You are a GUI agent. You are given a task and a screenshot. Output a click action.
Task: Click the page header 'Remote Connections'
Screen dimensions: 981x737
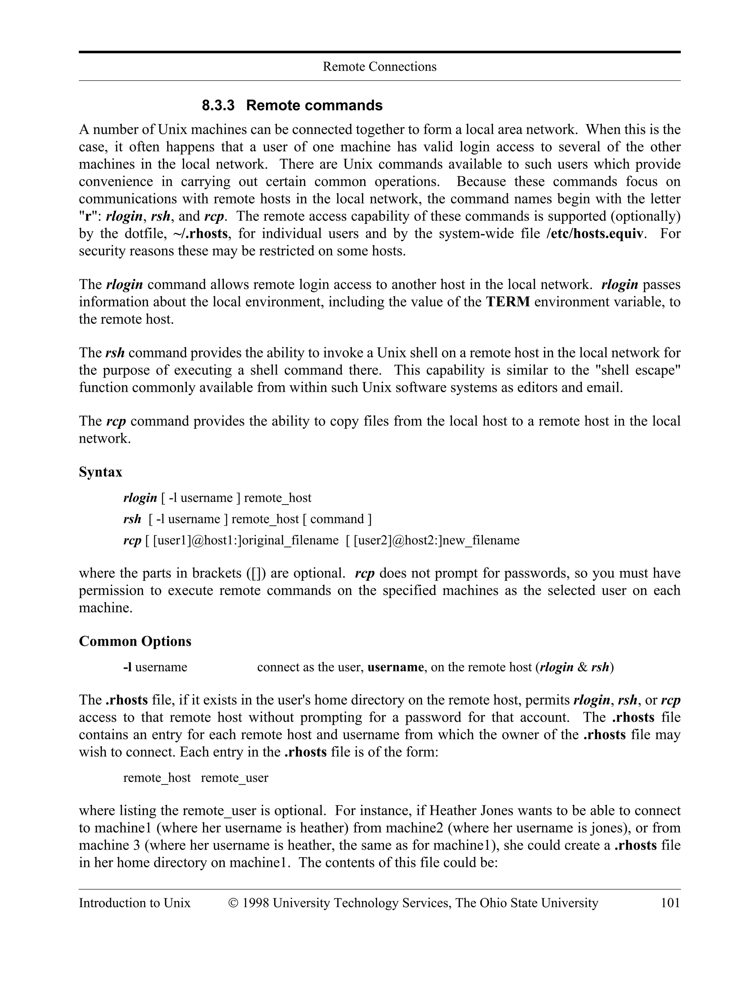pos(379,67)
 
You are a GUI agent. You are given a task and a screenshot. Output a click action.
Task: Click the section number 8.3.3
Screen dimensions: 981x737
pos(218,105)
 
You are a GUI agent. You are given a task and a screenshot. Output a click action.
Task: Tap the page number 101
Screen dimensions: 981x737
pos(670,903)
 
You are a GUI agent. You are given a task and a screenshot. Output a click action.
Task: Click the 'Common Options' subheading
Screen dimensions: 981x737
pos(135,641)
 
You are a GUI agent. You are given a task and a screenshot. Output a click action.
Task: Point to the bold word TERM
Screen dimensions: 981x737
pos(508,302)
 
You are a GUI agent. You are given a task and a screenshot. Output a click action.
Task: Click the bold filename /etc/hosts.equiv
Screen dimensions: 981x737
pos(594,234)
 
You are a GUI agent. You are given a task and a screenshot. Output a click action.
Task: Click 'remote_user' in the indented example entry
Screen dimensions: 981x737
pos(234,778)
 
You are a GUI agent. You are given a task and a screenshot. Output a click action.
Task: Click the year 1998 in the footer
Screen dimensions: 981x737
pos(256,903)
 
